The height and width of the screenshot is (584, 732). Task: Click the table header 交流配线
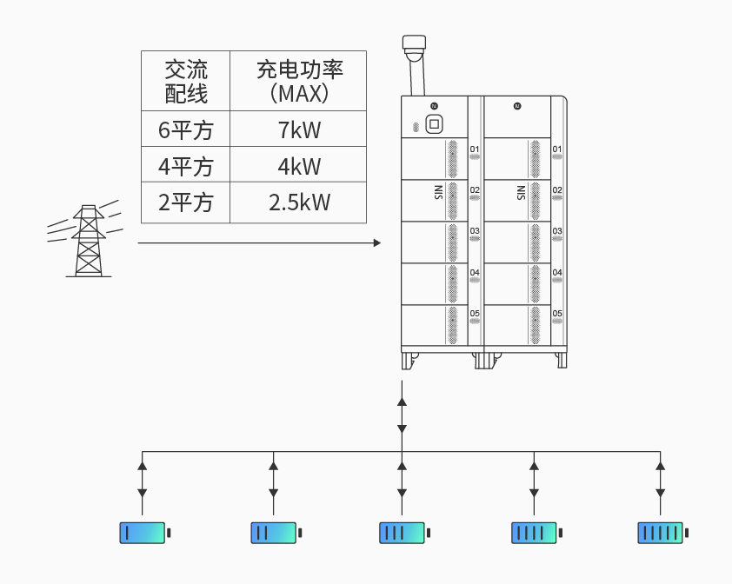point(186,81)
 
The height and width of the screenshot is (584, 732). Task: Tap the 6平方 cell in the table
point(186,130)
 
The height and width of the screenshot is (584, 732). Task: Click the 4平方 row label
point(186,166)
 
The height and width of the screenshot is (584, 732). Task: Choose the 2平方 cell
point(186,202)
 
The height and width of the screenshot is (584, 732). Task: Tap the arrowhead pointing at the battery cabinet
point(376,242)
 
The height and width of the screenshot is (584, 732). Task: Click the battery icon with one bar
point(143,533)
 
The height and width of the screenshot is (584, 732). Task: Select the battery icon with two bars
point(273,533)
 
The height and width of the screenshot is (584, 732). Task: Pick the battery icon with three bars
point(402,533)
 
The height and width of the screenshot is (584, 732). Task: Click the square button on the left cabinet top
point(434,124)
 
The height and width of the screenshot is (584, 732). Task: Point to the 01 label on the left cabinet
point(475,149)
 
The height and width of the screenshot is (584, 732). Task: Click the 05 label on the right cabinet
point(557,313)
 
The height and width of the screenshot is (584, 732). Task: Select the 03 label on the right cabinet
point(557,231)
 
